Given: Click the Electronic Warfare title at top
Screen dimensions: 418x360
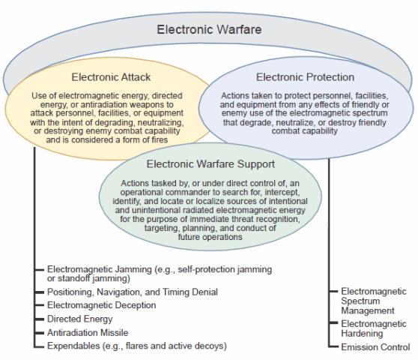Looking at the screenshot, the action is coord(209,29).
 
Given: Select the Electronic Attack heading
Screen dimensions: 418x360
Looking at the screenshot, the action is coord(111,77).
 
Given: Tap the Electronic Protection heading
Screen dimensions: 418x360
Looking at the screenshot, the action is coord(305,77).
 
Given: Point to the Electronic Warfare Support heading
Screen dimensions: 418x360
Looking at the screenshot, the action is coord(210,164).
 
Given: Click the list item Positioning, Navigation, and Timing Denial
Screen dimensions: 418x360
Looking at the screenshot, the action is coord(133,292).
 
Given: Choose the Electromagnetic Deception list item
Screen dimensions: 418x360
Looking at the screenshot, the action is coord(102,305).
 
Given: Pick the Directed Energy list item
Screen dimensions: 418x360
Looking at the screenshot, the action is coord(79,319).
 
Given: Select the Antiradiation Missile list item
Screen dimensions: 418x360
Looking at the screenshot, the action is coord(88,332).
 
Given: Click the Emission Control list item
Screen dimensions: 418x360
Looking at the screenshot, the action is coord(375,347).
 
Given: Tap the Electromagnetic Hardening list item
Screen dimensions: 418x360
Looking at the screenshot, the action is coord(374,328).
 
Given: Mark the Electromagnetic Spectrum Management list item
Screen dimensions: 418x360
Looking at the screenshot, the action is coord(374,301).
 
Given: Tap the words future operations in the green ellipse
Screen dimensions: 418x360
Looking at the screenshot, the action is coord(210,237).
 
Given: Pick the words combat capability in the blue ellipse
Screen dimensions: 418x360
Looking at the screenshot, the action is coord(304,131).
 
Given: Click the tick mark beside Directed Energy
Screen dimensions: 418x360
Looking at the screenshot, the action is coord(39,319).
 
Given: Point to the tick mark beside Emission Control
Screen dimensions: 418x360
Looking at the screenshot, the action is coord(333,346).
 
